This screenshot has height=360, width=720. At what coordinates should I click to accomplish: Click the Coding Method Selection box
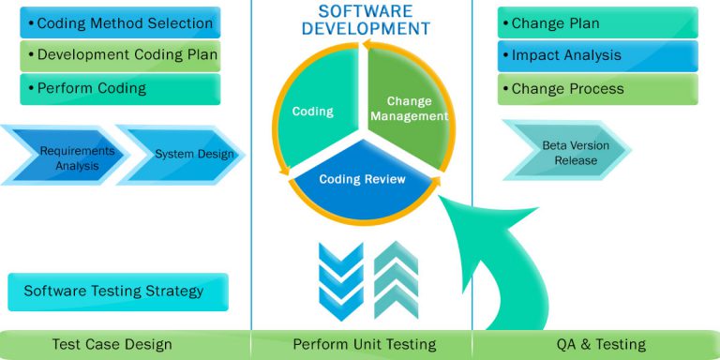pos(119,22)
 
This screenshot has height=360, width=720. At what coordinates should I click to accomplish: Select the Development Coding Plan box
pos(119,55)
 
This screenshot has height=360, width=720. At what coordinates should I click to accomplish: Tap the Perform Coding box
pos(119,88)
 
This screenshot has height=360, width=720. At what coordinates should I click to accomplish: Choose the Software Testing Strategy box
pos(117,291)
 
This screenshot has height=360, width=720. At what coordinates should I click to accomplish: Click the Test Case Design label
pos(125,344)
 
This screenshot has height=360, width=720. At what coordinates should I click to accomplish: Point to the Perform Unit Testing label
pos(362,344)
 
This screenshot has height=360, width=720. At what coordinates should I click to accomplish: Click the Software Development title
pos(362,19)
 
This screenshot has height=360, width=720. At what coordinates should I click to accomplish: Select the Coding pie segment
pos(314,108)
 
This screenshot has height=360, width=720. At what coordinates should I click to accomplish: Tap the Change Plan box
pos(597,22)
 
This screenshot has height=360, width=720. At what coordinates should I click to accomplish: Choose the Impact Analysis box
pos(597,55)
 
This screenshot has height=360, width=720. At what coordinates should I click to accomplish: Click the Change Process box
pos(597,88)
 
